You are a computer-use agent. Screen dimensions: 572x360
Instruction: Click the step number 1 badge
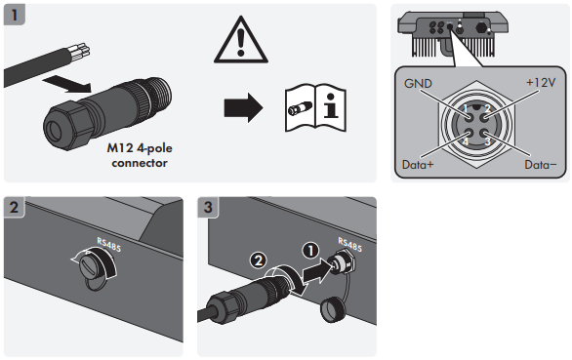(15, 15)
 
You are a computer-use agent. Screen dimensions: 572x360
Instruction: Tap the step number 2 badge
(15, 207)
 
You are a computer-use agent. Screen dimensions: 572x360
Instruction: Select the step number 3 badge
(208, 207)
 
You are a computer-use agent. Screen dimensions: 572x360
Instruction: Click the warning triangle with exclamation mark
(241, 40)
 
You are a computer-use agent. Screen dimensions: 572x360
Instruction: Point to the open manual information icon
(315, 108)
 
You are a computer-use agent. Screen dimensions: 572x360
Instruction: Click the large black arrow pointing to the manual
(243, 107)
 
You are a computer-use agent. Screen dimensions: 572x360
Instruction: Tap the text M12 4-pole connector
(140, 155)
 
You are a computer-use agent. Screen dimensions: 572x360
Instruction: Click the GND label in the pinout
(418, 84)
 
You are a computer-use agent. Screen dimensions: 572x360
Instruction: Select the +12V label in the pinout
(541, 83)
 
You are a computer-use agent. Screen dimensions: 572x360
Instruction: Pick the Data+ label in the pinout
(418, 165)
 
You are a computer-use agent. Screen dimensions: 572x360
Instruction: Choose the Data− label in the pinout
(541, 165)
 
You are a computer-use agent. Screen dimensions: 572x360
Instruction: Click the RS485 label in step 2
(108, 244)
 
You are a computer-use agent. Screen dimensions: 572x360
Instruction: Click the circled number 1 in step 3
(310, 251)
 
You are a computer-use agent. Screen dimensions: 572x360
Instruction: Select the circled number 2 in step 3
(259, 260)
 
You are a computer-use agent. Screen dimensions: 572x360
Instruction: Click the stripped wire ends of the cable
(79, 51)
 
